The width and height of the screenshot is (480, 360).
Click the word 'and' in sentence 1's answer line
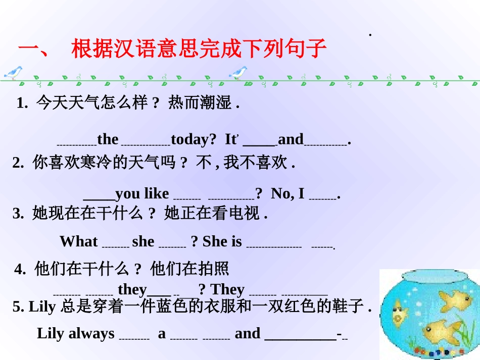click(x=291, y=139)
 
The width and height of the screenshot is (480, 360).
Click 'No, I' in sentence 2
click(x=288, y=193)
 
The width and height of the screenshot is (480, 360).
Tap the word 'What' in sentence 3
click(x=78, y=241)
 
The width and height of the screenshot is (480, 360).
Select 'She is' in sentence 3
click(x=222, y=241)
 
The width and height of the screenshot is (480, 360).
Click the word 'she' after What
click(x=143, y=241)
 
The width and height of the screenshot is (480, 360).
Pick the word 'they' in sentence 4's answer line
click(x=132, y=289)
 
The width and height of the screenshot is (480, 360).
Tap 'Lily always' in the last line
click(x=76, y=333)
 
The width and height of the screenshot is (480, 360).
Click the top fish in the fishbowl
click(x=456, y=300)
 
